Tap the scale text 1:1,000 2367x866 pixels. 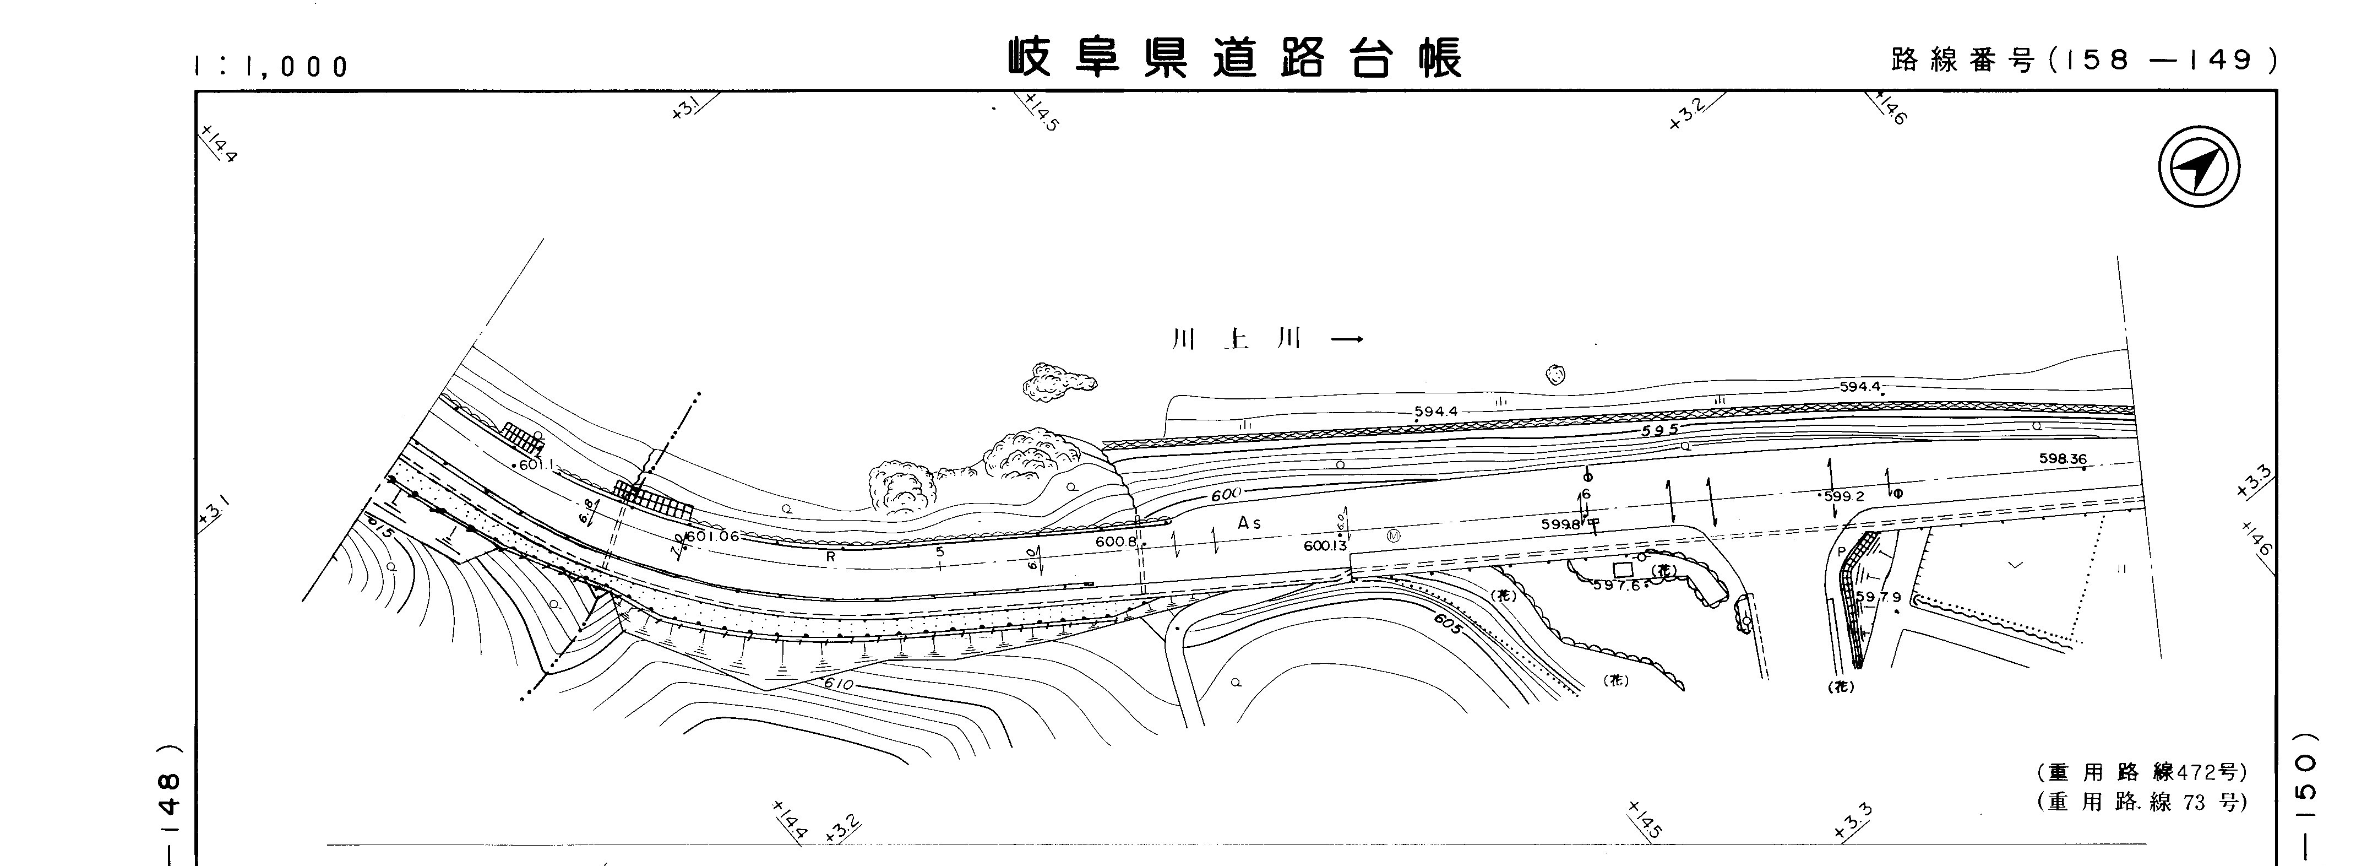pyautogui.click(x=271, y=66)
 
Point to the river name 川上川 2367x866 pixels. pyautogui.click(x=1236, y=340)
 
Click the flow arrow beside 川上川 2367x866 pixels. pyautogui.click(x=1347, y=340)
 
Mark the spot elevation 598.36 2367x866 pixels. pyautogui.click(x=2062, y=459)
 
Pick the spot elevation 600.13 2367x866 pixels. pyautogui.click(x=1324, y=546)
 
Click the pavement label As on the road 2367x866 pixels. pyautogui.click(x=1249, y=523)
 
